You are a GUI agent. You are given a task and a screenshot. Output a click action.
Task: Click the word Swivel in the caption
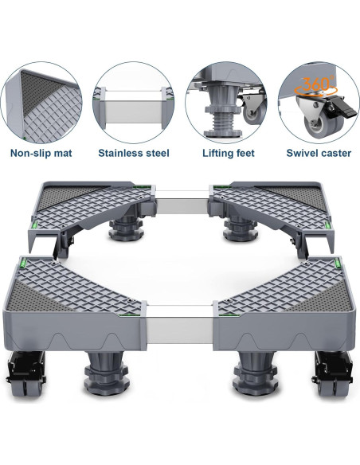coord(299,153)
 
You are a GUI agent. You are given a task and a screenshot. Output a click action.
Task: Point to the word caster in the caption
coord(333,154)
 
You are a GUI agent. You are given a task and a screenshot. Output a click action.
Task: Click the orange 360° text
coord(317,84)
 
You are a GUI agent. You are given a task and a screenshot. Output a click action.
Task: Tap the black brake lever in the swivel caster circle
coord(341,107)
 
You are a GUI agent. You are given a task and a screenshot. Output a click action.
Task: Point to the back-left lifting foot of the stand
coord(125,229)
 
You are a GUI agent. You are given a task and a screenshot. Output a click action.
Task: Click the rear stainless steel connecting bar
coord(182,202)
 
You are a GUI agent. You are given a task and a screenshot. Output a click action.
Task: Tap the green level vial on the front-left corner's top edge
coord(23,262)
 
